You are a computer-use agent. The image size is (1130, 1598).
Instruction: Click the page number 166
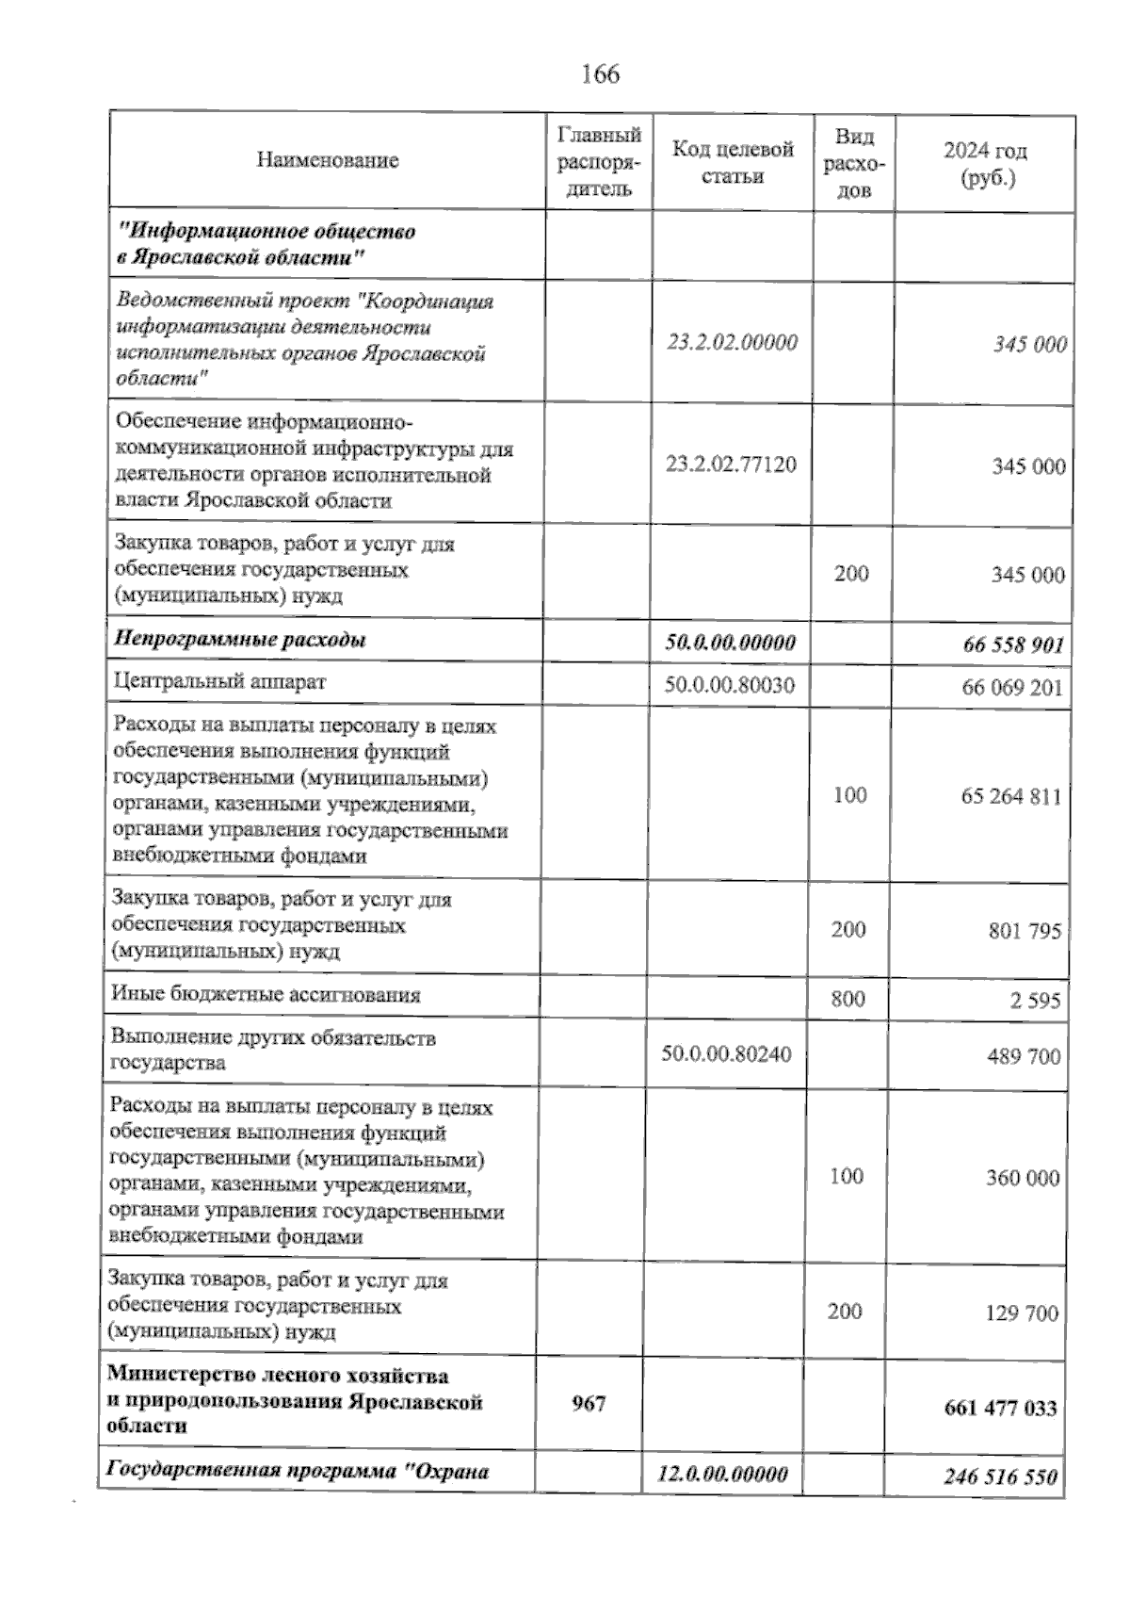(601, 73)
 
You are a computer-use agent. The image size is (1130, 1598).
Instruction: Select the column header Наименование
(327, 160)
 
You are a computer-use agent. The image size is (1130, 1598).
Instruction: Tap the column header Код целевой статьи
(733, 162)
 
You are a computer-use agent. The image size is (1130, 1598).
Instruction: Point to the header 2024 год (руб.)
(985, 164)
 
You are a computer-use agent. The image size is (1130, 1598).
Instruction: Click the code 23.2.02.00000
(732, 342)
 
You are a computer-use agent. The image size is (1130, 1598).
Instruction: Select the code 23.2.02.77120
(731, 465)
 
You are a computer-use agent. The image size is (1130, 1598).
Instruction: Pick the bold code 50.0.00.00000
(730, 643)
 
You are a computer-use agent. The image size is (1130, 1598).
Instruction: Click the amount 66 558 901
(1013, 645)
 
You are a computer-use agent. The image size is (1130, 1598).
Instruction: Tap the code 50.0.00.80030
(729, 685)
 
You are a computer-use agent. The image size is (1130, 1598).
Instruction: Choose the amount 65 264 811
(1011, 797)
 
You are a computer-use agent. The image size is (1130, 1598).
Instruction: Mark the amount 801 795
(1025, 932)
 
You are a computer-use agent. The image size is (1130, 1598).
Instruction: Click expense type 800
(848, 999)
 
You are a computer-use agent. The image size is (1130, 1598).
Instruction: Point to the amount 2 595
(1036, 1001)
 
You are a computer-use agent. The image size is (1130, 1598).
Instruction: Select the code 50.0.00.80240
(726, 1053)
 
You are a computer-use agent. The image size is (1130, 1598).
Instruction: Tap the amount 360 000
(1023, 1179)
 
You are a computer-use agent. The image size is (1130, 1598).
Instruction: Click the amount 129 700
(1022, 1313)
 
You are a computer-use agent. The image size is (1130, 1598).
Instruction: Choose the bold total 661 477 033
(1000, 1410)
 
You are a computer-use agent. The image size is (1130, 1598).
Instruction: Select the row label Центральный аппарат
(219, 681)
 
